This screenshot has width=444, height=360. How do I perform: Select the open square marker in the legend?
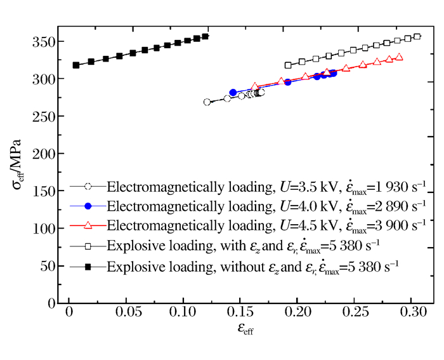click(x=89, y=245)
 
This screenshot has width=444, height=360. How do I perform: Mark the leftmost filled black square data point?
click(x=76, y=65)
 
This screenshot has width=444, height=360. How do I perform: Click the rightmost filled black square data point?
click(x=205, y=37)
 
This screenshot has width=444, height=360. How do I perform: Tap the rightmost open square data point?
click(x=417, y=37)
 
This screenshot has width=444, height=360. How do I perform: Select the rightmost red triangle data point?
click(x=399, y=57)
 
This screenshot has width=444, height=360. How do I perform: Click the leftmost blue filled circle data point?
click(x=233, y=93)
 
